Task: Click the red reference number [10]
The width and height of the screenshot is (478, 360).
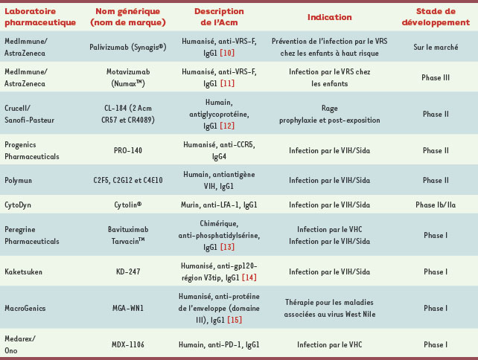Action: pyautogui.click(x=227, y=53)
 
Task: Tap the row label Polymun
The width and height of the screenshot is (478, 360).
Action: pyautogui.click(x=20, y=180)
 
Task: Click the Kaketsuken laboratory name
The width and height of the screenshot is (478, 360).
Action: pyautogui.click(x=25, y=272)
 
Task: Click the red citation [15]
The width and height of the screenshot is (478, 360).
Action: pyautogui.click(x=235, y=319)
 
